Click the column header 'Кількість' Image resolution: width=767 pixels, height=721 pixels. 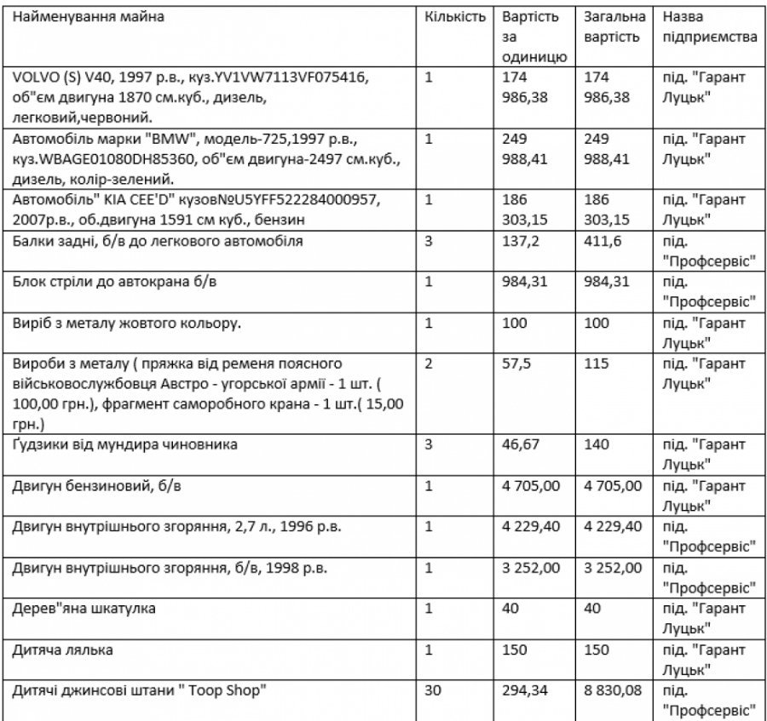pyautogui.click(x=455, y=16)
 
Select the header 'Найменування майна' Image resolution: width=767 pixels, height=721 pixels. pyautogui.click(x=88, y=16)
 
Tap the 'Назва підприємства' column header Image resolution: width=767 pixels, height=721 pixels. pyautogui.click(x=709, y=27)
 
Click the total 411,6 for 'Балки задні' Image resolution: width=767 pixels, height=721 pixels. pyautogui.click(x=603, y=242)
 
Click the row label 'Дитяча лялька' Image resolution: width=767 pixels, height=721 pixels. pyautogui.click(x=63, y=649)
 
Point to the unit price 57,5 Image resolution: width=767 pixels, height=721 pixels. pyautogui.click(x=516, y=363)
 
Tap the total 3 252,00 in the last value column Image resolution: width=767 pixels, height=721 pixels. pyautogui.click(x=613, y=568)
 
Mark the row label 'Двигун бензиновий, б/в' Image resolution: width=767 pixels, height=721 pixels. pyautogui.click(x=95, y=486)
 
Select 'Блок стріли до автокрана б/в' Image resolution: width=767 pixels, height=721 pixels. pyautogui.click(x=114, y=283)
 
